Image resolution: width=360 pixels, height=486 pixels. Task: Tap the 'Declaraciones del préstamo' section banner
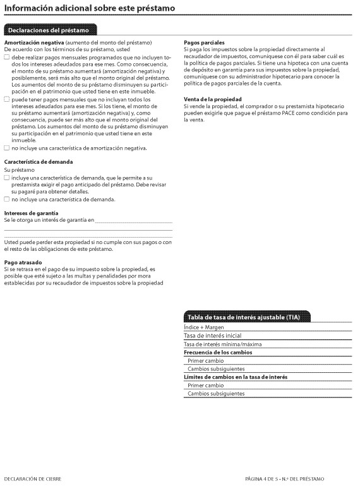(x=50, y=30)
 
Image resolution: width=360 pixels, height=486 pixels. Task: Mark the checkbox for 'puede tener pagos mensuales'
(x=7, y=99)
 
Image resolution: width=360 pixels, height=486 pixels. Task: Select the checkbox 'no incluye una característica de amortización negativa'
(x=7, y=148)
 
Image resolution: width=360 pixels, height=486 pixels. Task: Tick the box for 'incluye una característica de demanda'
(x=7, y=178)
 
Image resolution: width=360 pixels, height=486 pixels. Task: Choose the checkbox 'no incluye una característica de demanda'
(x=7, y=199)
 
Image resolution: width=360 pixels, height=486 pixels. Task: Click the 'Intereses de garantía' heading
(x=31, y=213)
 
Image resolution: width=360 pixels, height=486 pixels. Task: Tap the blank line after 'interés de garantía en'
(x=133, y=221)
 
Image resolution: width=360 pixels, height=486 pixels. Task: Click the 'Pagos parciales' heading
(x=204, y=42)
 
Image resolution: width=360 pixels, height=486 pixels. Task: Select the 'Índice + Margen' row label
(x=203, y=328)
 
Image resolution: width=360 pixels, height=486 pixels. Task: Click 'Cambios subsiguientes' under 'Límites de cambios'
(x=215, y=393)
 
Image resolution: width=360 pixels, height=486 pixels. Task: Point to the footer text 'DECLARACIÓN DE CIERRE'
(x=33, y=479)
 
